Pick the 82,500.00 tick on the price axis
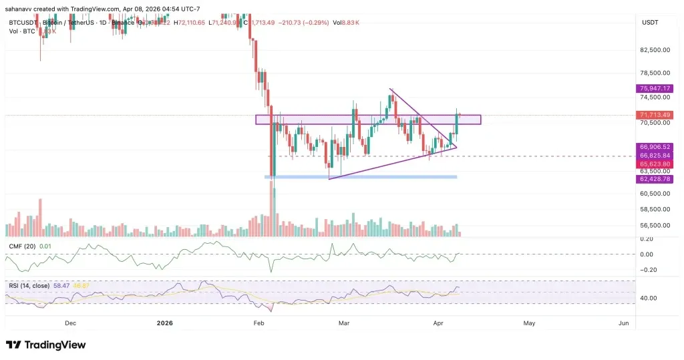[x=654, y=50]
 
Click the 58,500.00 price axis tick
[x=654, y=209]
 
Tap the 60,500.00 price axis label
[x=654, y=194]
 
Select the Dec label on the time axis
[x=70, y=323]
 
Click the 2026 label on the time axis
[x=164, y=323]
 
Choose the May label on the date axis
[x=529, y=323]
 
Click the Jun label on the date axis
[x=623, y=323]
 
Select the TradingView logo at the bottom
[x=45, y=345]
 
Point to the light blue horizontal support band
[x=361, y=177]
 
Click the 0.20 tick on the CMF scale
[x=646, y=239]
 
